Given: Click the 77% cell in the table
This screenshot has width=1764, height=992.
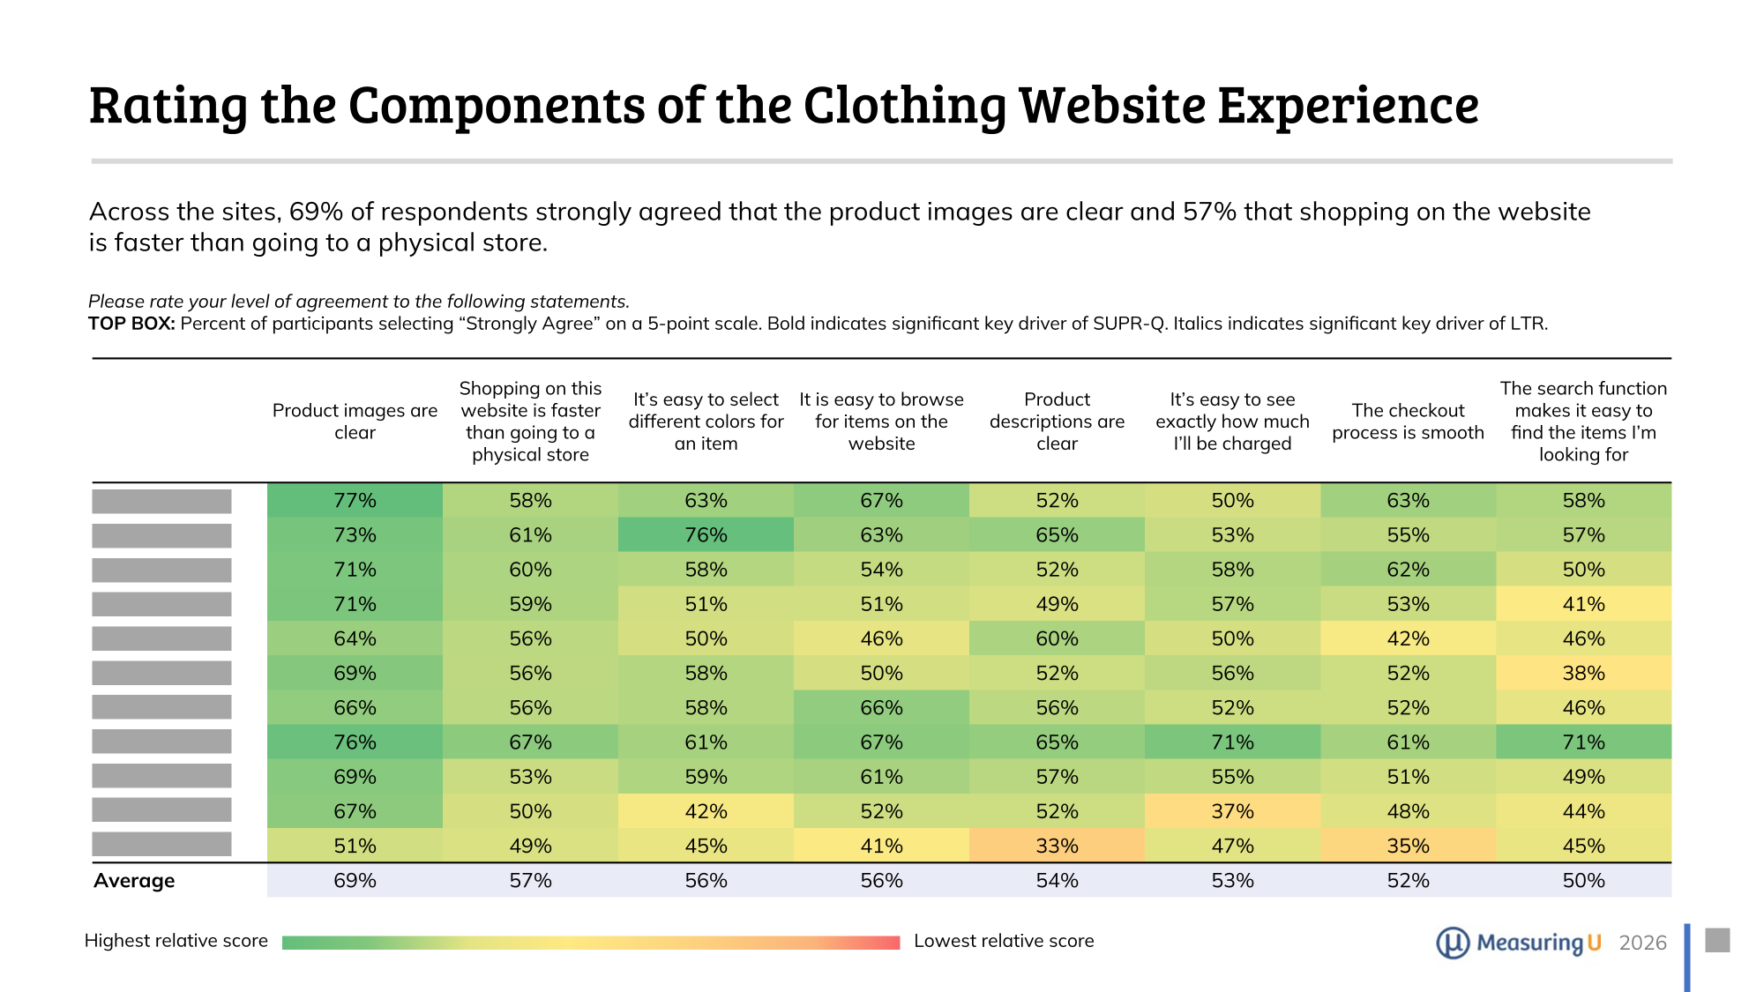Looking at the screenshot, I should (x=355, y=501).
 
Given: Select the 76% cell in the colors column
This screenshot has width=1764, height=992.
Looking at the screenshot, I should (x=706, y=535).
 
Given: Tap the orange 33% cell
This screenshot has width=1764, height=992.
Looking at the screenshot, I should (x=1057, y=846).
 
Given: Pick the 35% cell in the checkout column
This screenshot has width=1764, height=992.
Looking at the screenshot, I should (x=1408, y=846).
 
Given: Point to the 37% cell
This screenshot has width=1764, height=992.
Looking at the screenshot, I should (x=1232, y=811).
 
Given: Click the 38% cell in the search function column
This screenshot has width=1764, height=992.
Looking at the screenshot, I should (x=1583, y=673).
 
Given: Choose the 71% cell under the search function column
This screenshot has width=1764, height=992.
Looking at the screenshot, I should (x=1583, y=742).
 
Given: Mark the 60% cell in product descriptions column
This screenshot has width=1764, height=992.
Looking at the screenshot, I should (x=1057, y=638).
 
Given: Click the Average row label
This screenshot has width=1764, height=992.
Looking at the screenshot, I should (x=134, y=881).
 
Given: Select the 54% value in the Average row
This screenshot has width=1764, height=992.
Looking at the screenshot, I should (x=1057, y=881).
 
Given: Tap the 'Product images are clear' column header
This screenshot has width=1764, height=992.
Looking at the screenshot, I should (x=355, y=421).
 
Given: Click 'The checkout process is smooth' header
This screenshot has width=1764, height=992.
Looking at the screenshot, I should (x=1408, y=421).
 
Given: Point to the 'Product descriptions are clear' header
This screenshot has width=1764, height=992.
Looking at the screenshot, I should (x=1057, y=421).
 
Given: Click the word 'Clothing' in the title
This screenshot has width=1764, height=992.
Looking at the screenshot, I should (x=904, y=106).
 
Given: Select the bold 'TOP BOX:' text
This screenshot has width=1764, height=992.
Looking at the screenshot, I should (x=131, y=324).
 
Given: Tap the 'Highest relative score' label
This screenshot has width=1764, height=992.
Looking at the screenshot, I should (x=176, y=941).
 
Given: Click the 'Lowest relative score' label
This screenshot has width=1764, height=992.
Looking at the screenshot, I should (x=1004, y=941).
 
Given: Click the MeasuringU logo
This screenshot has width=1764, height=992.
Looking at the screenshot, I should (x=1518, y=943).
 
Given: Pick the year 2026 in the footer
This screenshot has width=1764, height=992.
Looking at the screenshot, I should (x=1642, y=943).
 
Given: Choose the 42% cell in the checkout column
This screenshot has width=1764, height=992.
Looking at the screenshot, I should (x=1408, y=638).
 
